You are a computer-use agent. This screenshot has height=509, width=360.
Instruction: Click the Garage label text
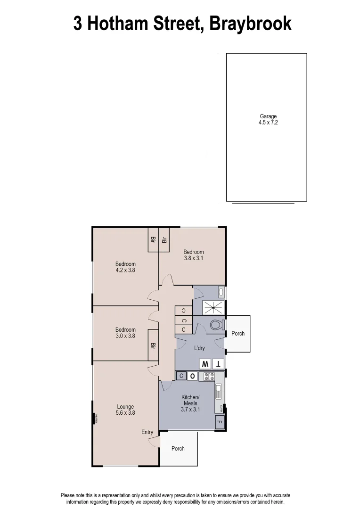point(268,116)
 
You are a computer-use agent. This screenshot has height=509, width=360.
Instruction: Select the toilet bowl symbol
point(216,325)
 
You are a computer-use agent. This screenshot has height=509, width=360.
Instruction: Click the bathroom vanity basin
point(221,292)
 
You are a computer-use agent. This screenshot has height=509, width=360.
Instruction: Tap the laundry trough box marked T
point(218,364)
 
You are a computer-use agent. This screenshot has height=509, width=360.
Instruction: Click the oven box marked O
point(193,376)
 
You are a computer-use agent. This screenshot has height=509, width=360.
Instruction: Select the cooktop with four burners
point(207,376)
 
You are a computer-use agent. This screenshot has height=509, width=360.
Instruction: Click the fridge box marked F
point(219,423)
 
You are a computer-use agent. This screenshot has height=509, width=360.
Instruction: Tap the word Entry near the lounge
point(147,432)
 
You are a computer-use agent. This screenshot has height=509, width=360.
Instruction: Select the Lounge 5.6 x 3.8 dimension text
point(126,413)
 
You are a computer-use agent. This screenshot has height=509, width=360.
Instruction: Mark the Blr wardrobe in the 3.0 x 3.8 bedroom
point(153,345)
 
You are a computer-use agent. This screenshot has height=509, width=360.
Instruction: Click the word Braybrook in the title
point(250,24)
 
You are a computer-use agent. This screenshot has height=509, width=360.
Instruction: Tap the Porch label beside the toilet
point(238,334)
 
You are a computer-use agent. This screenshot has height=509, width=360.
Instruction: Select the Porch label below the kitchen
point(178,449)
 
